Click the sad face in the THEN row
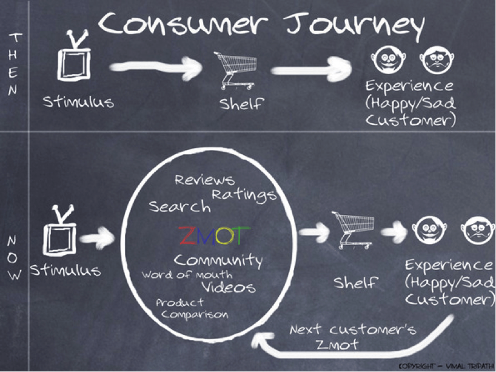[435, 60]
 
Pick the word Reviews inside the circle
[204, 180]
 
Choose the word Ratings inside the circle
[244, 194]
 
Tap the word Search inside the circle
[180, 206]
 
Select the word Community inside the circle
[218, 261]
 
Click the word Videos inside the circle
[228, 286]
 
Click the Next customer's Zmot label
[352, 337]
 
